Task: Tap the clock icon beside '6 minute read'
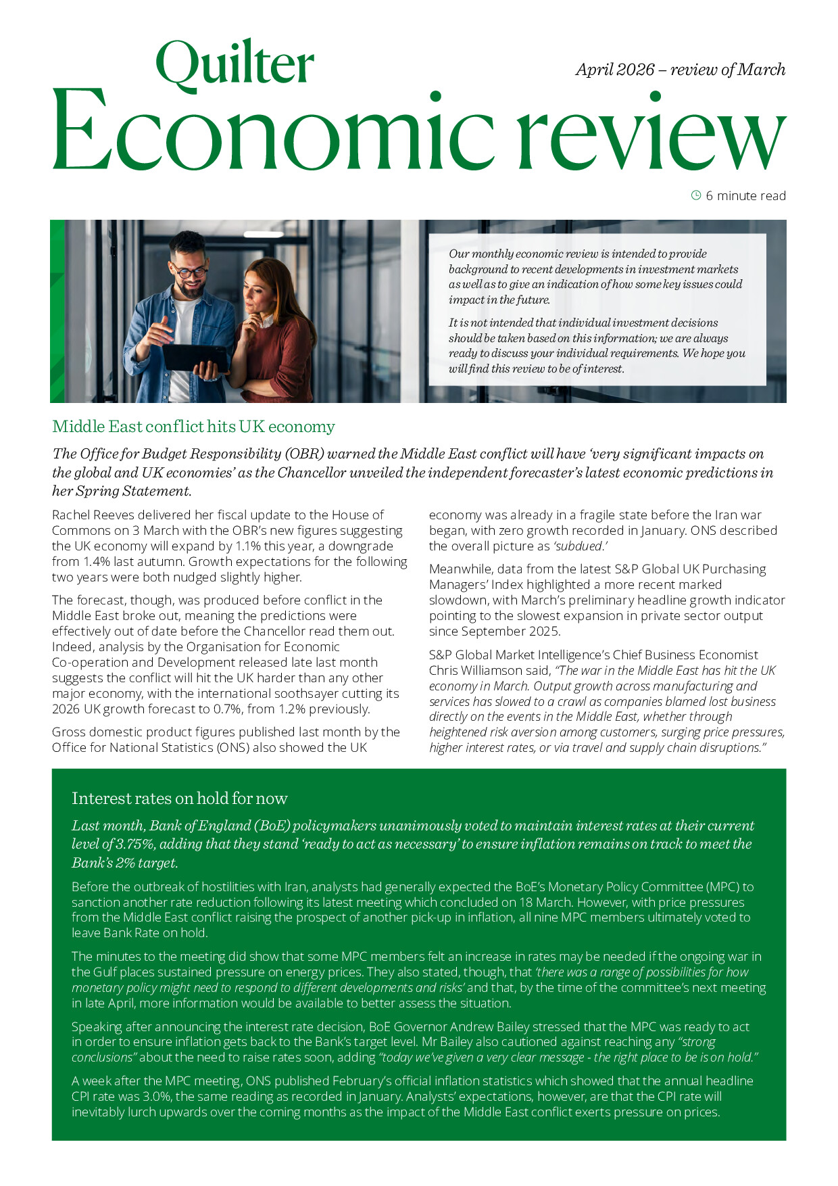(x=696, y=195)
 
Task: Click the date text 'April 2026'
(x=615, y=70)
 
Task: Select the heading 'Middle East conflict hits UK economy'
(x=193, y=427)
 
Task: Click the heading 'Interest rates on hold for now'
(x=179, y=799)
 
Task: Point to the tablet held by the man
(x=191, y=357)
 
